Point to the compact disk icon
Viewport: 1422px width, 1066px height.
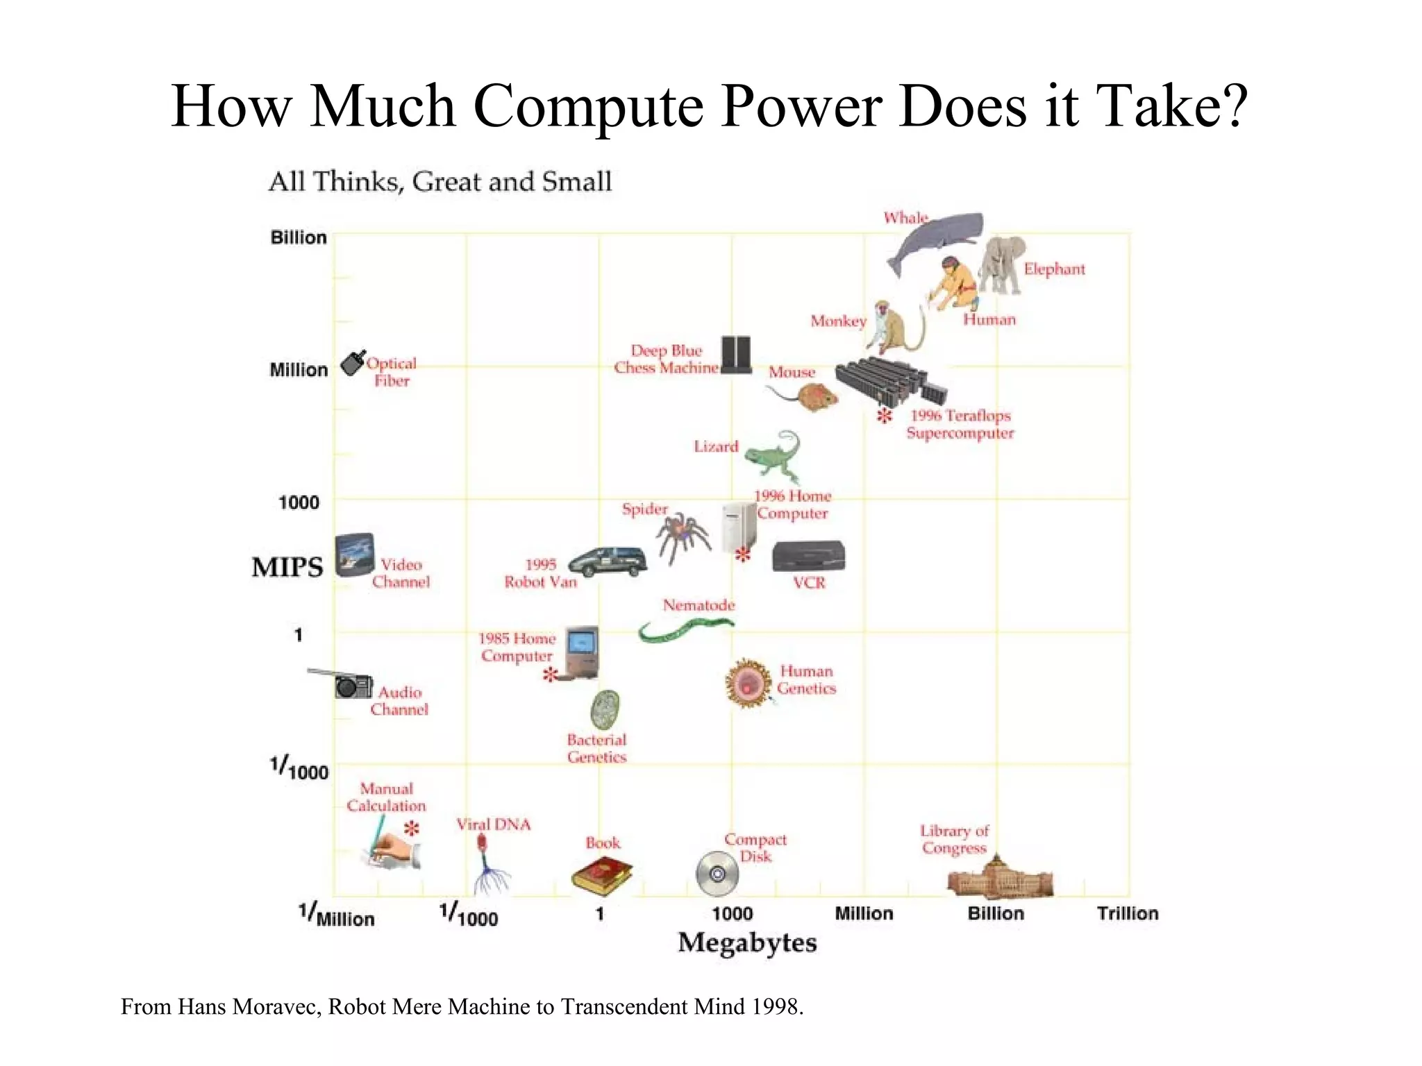pyautogui.click(x=717, y=874)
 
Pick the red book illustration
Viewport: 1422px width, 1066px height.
pyautogui.click(x=601, y=875)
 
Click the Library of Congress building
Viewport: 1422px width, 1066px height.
pyautogui.click(x=1000, y=877)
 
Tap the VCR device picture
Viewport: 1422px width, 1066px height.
pyautogui.click(x=808, y=557)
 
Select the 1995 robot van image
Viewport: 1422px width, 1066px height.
pyautogui.click(x=608, y=561)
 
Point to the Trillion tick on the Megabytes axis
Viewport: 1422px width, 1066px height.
pyautogui.click(x=1128, y=913)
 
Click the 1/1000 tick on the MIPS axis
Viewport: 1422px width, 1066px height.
pyautogui.click(x=299, y=769)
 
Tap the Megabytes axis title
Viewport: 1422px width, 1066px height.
pyautogui.click(x=747, y=942)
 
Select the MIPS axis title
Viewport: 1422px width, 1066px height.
pyautogui.click(x=287, y=567)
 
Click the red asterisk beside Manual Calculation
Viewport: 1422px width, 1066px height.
pyautogui.click(x=412, y=828)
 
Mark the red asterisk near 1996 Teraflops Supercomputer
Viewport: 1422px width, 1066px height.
pyautogui.click(x=884, y=416)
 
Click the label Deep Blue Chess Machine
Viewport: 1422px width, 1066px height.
pyautogui.click(x=666, y=359)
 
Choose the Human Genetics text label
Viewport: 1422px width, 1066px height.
pyautogui.click(x=806, y=680)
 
